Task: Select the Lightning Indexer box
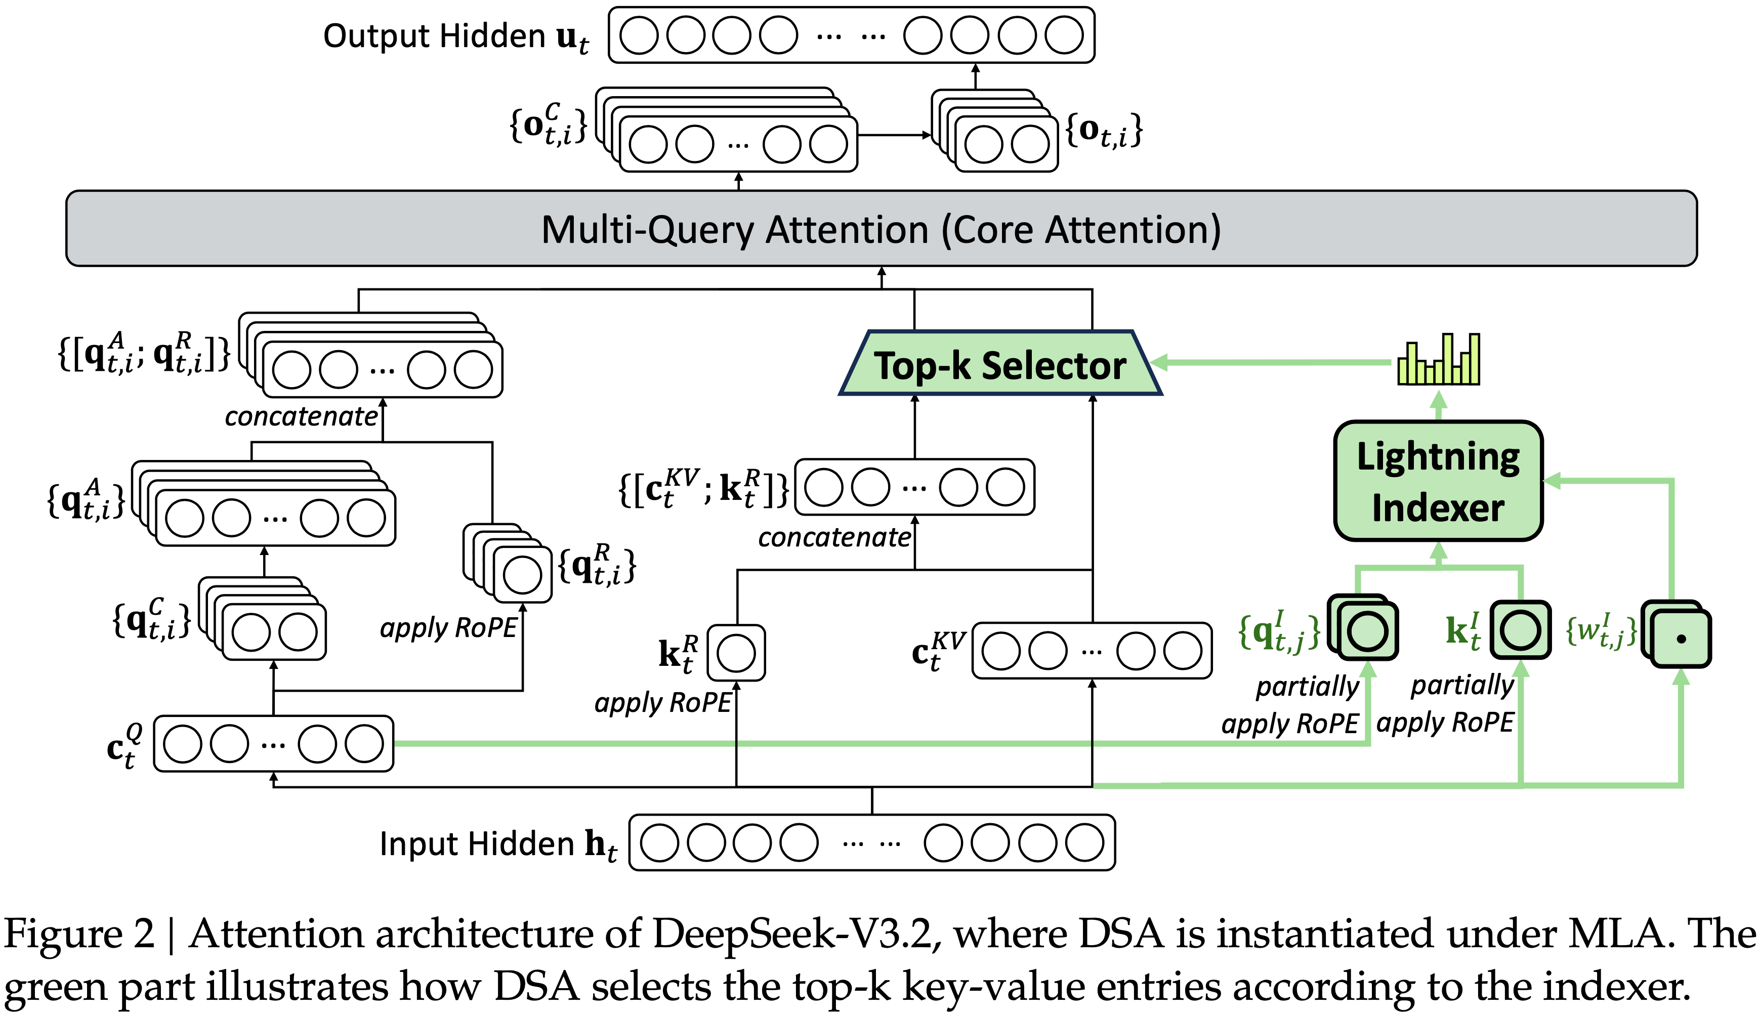(1437, 481)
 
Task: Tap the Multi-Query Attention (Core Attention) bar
(881, 229)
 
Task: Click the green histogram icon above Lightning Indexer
(1438, 359)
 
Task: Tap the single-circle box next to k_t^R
(736, 653)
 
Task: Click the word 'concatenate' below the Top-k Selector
(834, 537)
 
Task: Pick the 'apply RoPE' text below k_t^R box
(662, 702)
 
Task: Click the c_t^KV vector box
(1092, 651)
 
